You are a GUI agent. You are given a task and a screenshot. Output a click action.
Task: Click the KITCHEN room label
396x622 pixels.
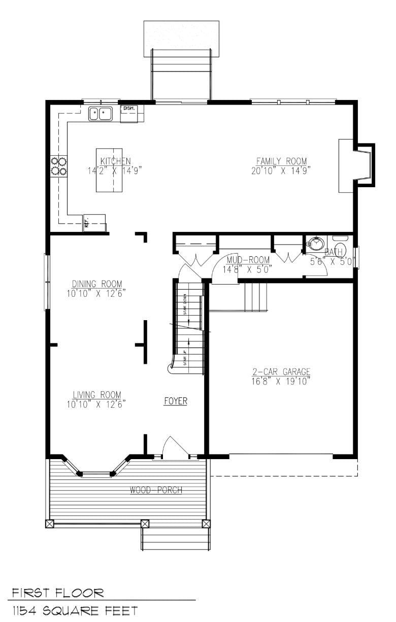(x=115, y=161)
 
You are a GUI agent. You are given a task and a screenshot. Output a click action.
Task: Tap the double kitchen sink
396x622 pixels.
(x=100, y=114)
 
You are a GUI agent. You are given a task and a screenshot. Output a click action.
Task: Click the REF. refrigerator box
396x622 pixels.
(x=94, y=223)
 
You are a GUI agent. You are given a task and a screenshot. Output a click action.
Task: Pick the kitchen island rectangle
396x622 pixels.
(x=109, y=170)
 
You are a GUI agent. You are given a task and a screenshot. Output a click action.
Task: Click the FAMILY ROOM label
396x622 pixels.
(x=281, y=161)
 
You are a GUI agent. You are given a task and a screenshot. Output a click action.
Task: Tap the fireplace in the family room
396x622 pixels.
(x=355, y=165)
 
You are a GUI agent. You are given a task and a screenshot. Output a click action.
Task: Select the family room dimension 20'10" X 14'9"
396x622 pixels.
(x=281, y=170)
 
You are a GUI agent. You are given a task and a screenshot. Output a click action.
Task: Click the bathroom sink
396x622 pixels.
(x=316, y=244)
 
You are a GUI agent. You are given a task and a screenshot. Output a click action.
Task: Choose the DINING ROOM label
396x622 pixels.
(x=96, y=284)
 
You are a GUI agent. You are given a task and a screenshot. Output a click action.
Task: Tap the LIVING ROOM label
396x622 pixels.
(x=96, y=395)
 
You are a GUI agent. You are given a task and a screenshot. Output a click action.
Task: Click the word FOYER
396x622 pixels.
(x=176, y=401)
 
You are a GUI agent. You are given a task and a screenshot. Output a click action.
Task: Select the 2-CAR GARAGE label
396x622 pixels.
(x=281, y=372)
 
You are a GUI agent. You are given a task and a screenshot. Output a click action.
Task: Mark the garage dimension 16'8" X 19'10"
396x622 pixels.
(x=281, y=381)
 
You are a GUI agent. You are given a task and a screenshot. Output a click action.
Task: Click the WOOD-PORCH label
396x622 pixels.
(x=156, y=490)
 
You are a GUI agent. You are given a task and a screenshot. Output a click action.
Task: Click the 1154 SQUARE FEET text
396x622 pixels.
(x=75, y=610)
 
